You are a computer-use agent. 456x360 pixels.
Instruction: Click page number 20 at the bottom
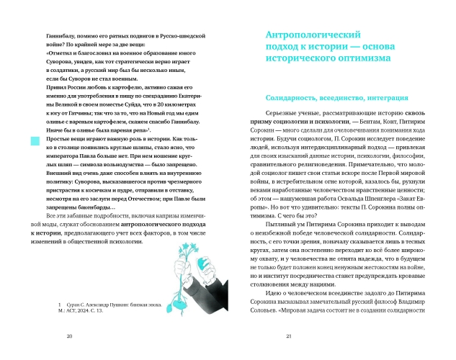(x=69, y=336)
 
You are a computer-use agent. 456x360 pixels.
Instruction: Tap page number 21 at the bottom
(x=288, y=336)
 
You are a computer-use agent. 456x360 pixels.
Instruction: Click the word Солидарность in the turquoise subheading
(x=293, y=96)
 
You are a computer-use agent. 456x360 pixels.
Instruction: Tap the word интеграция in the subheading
(x=390, y=96)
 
